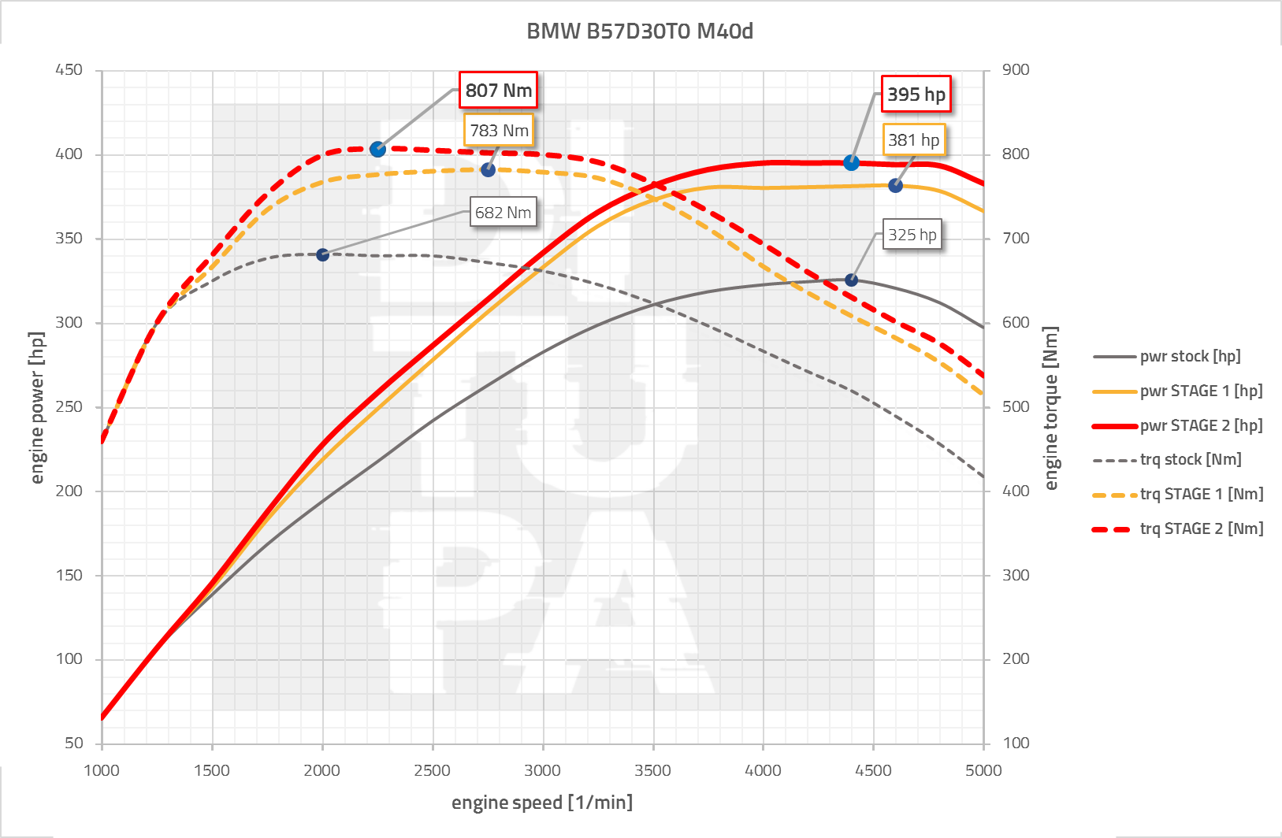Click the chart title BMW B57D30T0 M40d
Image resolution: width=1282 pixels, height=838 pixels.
point(639,31)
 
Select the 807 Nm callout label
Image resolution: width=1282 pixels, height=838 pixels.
point(498,91)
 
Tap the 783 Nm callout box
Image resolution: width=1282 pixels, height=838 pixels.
point(499,131)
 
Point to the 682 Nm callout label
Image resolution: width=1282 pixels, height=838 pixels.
point(503,213)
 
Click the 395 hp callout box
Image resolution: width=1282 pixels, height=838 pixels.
point(916,95)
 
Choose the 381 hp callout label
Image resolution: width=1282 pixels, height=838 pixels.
point(913,140)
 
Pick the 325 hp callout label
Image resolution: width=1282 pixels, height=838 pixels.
point(912,235)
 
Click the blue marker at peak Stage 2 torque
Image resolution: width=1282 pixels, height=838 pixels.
point(377,149)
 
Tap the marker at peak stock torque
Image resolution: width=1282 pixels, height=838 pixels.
point(322,254)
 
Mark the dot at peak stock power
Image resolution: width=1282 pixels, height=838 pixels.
point(851,280)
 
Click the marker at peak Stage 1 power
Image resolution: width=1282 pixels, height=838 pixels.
point(895,186)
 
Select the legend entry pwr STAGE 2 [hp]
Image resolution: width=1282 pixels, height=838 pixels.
point(1200,425)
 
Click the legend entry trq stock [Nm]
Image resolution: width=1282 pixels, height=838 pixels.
point(1190,459)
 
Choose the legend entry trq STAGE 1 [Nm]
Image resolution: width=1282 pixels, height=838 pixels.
point(1201,494)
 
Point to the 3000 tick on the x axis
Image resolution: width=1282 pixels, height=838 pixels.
point(542,770)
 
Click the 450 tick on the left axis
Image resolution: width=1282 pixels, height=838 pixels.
point(69,70)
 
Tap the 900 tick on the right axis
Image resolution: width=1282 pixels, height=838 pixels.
point(1016,70)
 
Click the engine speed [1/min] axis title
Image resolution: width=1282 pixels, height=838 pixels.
point(541,803)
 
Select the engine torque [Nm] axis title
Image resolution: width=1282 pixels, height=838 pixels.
point(1051,407)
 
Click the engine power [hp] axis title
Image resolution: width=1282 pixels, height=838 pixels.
point(37,407)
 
